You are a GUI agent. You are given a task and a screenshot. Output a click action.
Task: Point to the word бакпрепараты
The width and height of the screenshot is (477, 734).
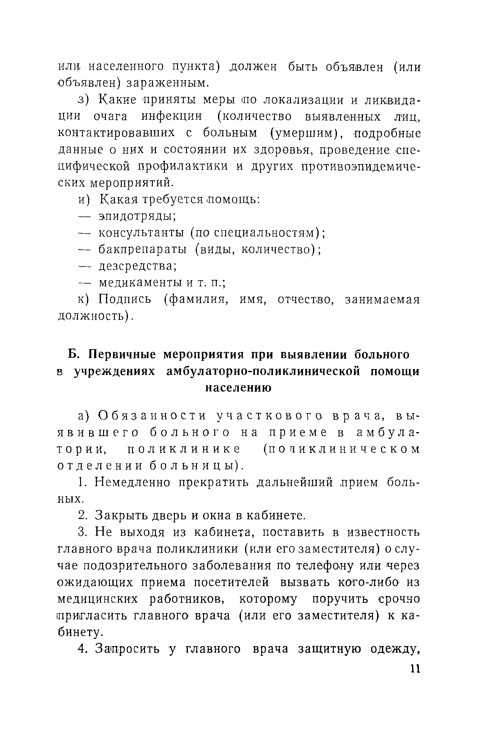(143, 250)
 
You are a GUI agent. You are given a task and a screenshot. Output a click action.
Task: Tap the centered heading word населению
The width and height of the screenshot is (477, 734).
(238, 388)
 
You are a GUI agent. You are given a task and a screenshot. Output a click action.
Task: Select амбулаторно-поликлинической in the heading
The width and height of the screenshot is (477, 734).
(263, 372)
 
